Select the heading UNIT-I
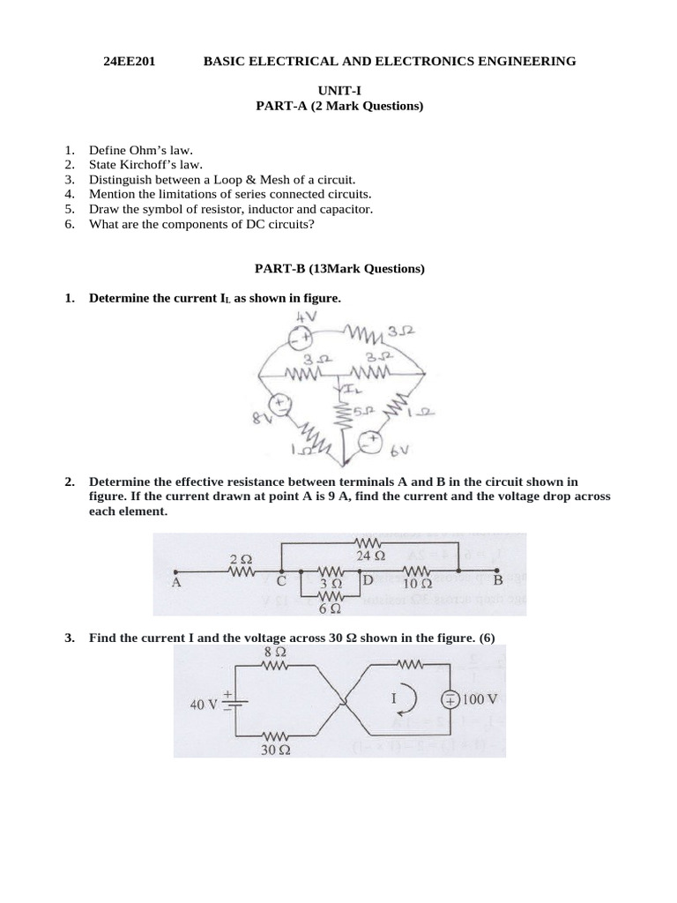point(338,92)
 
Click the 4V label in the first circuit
point(305,317)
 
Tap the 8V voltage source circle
point(281,405)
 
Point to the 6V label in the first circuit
point(401,450)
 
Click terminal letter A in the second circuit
point(176,582)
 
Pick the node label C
point(281,582)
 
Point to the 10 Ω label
point(417,583)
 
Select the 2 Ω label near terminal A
point(241,559)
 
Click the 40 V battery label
point(204,705)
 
